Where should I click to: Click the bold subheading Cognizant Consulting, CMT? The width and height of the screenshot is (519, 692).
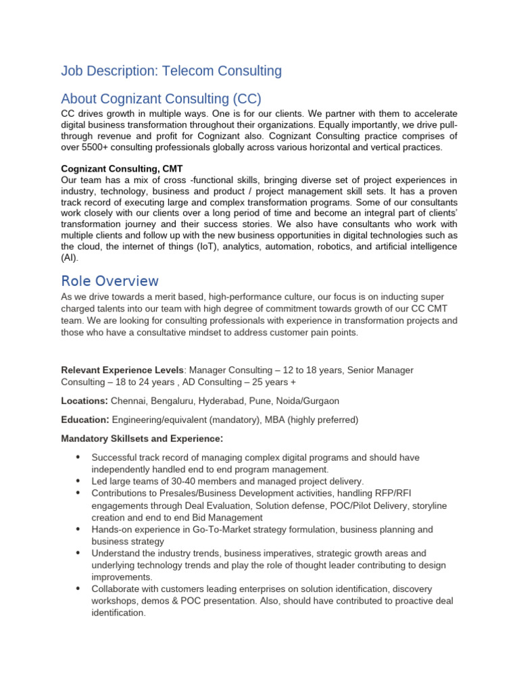coord(122,168)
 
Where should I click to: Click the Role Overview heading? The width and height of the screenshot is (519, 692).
coord(109,280)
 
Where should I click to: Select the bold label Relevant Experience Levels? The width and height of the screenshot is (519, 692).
coord(122,370)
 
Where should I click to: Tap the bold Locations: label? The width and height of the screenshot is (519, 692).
coord(84,401)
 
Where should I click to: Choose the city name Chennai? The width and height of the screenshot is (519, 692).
coord(130,401)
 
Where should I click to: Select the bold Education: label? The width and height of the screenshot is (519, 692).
coord(85,420)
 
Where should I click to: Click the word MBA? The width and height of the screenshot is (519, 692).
coord(275,420)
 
